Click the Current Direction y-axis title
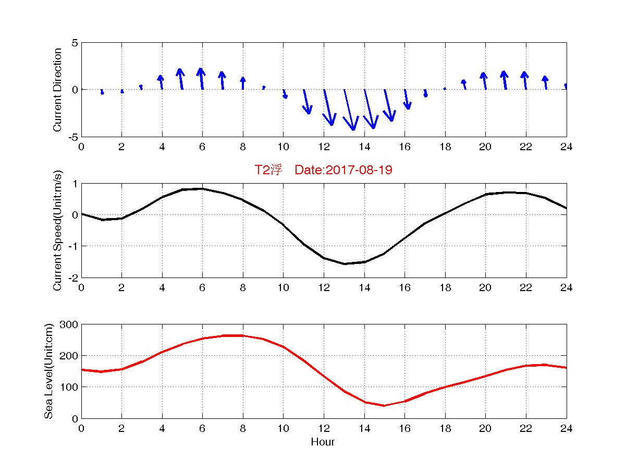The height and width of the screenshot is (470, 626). point(57,90)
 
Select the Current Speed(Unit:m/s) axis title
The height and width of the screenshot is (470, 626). point(57,231)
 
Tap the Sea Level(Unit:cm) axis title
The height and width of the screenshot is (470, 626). point(49,371)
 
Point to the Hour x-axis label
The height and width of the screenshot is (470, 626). point(323,442)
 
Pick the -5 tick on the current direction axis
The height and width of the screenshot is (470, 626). point(72,137)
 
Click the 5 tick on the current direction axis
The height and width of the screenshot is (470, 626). point(75,43)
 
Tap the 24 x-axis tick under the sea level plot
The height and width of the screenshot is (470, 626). point(566,429)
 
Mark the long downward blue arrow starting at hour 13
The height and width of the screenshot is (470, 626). point(349,110)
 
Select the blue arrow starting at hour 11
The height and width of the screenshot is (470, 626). point(306,102)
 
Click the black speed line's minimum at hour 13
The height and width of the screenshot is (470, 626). point(344,263)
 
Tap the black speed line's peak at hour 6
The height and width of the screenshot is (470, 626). point(202,188)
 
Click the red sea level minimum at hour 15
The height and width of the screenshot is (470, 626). point(384,405)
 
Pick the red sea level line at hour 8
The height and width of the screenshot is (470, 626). point(243,335)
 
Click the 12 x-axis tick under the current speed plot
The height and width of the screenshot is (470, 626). point(324,288)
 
